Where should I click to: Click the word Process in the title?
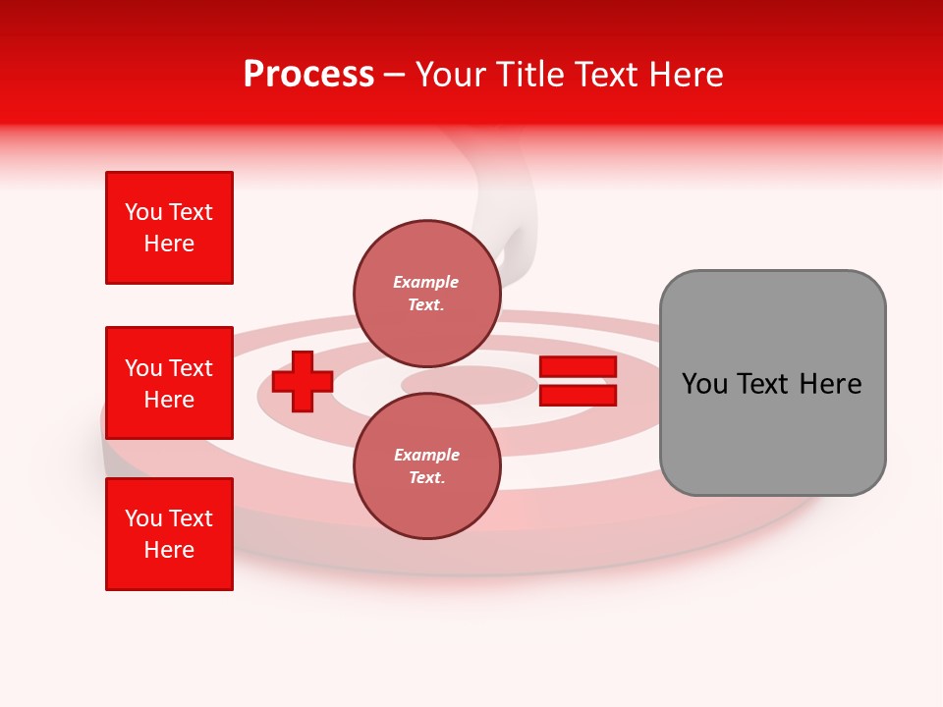pos(308,75)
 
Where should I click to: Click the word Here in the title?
pos(686,75)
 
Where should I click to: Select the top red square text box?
pos(169,228)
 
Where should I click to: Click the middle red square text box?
pos(169,383)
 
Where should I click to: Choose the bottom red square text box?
pos(169,534)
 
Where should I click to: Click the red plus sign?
pos(303,381)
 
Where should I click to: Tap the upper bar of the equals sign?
pos(578,367)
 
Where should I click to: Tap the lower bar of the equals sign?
pos(578,395)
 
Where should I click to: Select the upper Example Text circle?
pos(426,293)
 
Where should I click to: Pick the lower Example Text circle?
pos(426,465)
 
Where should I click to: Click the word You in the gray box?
pos(703,384)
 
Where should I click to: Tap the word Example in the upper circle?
pos(426,282)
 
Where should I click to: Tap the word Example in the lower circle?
pos(426,455)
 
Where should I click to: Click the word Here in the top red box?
pos(169,244)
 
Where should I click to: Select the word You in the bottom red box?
pos(143,518)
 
